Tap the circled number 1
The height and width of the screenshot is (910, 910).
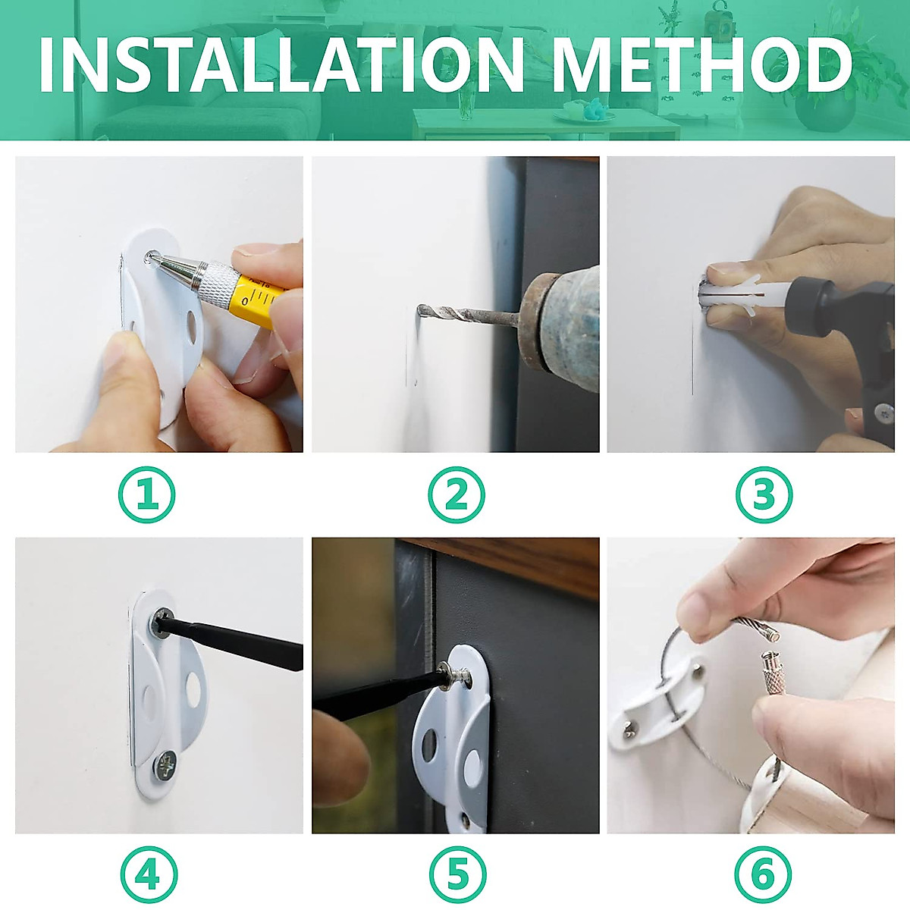click(146, 495)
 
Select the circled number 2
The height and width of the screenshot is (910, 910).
click(457, 495)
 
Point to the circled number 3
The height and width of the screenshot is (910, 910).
click(764, 495)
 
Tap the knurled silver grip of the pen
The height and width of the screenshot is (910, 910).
click(217, 284)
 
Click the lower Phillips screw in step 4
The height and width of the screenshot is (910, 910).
click(165, 765)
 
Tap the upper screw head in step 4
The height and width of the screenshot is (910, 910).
click(162, 623)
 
